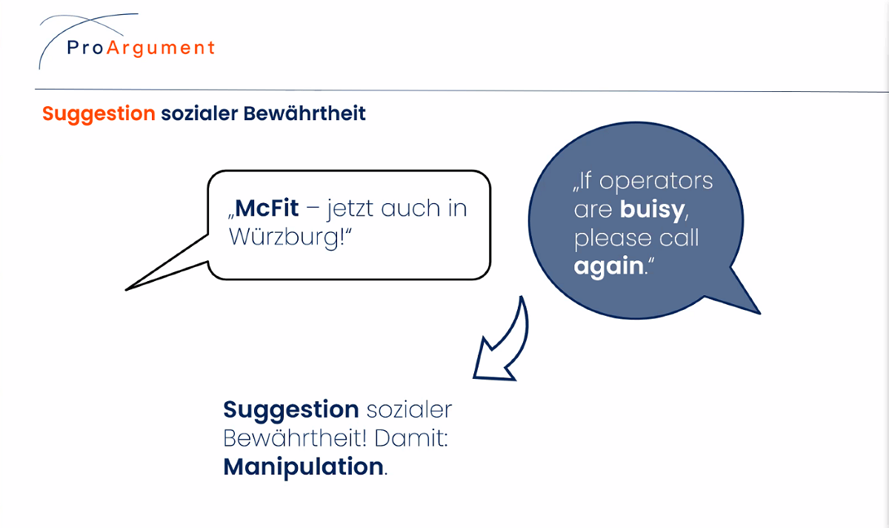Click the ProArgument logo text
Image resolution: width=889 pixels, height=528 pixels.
(x=141, y=48)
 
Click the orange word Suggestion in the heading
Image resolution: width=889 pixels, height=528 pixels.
(x=99, y=114)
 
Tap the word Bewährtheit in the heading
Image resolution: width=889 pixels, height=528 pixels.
(x=304, y=113)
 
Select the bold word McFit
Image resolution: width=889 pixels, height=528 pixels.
(x=267, y=208)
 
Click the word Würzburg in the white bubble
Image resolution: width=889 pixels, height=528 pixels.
(x=284, y=237)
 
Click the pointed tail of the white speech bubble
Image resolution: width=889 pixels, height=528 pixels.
(x=126, y=290)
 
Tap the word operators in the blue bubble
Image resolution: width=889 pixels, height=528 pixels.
(x=656, y=182)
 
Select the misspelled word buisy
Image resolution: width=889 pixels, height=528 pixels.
(x=653, y=209)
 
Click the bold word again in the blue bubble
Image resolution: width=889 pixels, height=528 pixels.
(x=608, y=266)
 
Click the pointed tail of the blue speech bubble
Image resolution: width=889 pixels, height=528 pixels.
(x=759, y=313)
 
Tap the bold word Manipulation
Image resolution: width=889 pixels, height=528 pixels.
(x=303, y=466)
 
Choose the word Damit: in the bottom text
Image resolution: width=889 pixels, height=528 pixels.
(x=411, y=438)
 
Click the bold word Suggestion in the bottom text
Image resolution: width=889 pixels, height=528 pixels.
(x=291, y=410)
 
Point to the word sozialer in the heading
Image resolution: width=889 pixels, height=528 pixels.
(x=199, y=113)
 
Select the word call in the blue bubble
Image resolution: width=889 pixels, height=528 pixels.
(x=679, y=237)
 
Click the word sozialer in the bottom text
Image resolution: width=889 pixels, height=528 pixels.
(x=409, y=410)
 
